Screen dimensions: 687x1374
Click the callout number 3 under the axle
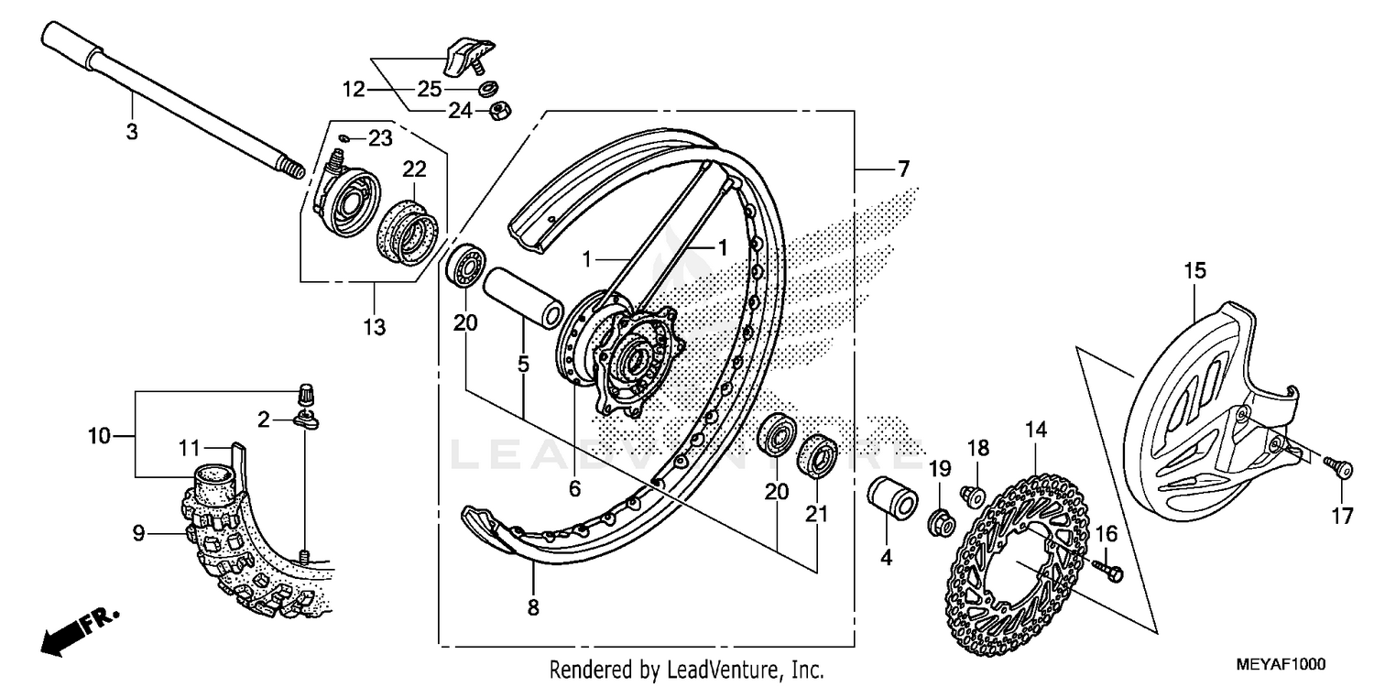(x=131, y=132)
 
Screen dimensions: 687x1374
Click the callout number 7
(x=878, y=169)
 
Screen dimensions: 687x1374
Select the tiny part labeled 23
(x=345, y=137)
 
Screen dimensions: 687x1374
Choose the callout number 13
(x=375, y=326)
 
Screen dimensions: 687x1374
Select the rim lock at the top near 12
(x=467, y=53)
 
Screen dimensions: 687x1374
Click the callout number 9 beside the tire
(x=138, y=532)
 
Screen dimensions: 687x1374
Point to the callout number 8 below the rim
(x=533, y=606)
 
